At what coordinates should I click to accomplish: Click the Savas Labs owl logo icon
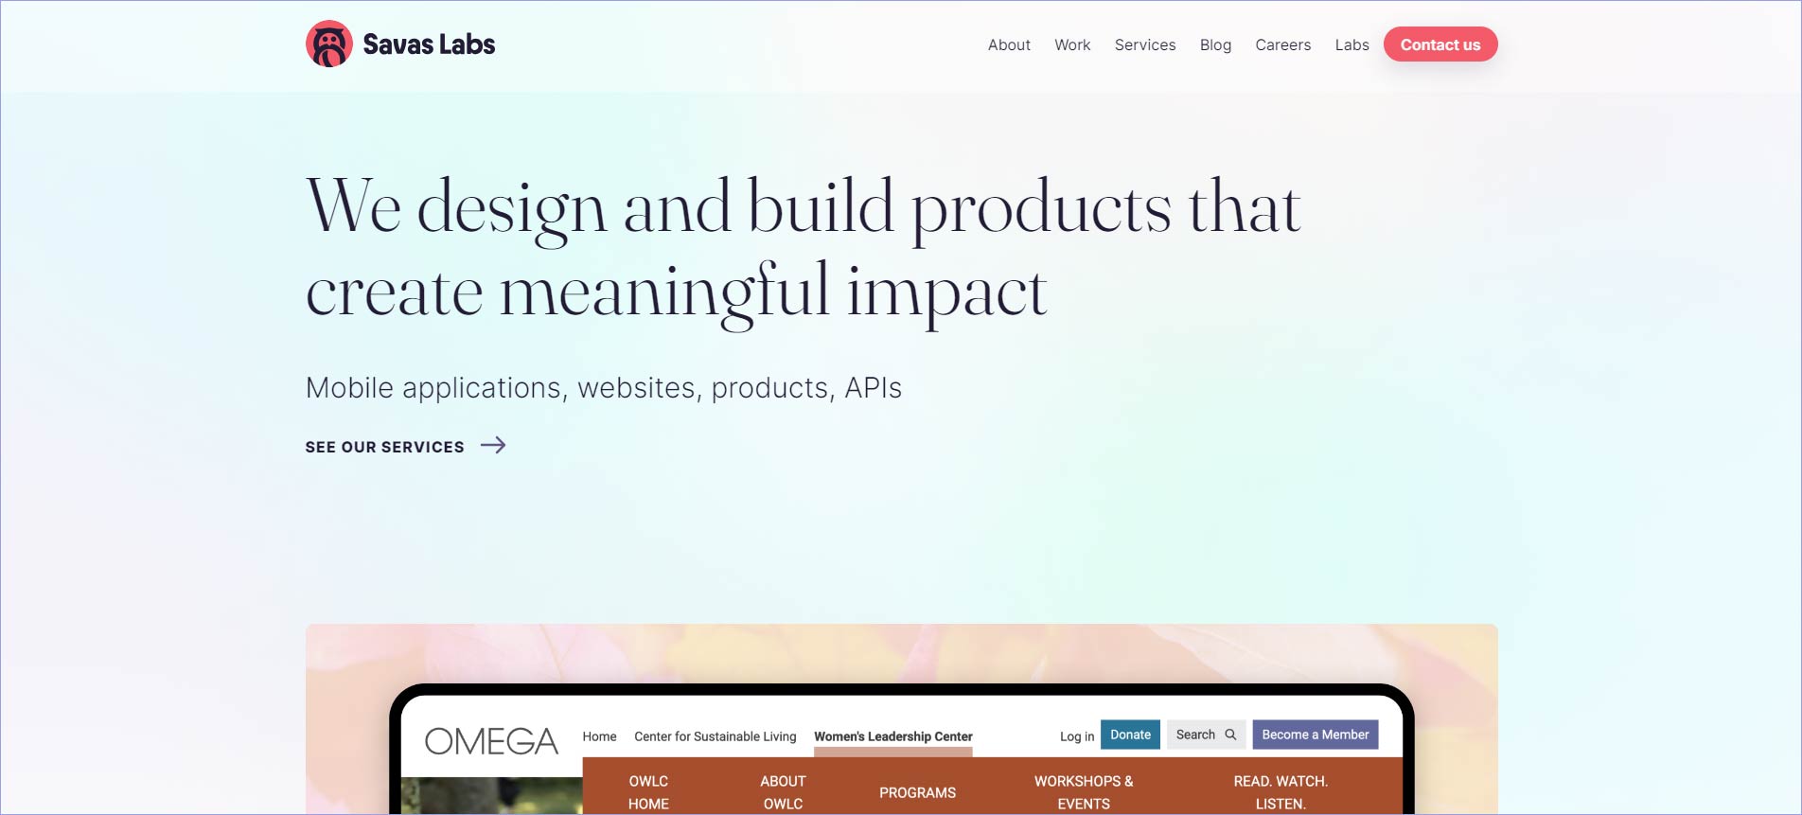(329, 44)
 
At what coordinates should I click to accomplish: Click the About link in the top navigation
(1009, 44)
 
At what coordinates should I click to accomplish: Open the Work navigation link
(1072, 44)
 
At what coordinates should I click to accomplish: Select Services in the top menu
(1145, 44)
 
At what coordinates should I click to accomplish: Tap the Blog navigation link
(1215, 44)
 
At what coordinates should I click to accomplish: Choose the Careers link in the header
(1283, 44)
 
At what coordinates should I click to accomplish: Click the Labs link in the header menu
(1352, 44)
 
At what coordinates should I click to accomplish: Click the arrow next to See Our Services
(493, 445)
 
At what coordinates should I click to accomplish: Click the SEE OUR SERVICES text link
(385, 447)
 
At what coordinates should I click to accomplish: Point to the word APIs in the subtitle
(874, 388)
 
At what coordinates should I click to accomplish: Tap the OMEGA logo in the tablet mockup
(491, 741)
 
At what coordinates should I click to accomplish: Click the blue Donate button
(1130, 735)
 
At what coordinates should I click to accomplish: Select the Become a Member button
(1316, 735)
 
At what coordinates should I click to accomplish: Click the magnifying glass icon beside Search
(1230, 735)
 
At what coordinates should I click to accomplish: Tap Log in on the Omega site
(1077, 736)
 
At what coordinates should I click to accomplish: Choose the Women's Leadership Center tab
(893, 736)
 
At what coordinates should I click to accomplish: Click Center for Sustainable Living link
(715, 736)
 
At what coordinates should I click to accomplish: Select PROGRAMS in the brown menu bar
(917, 792)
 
